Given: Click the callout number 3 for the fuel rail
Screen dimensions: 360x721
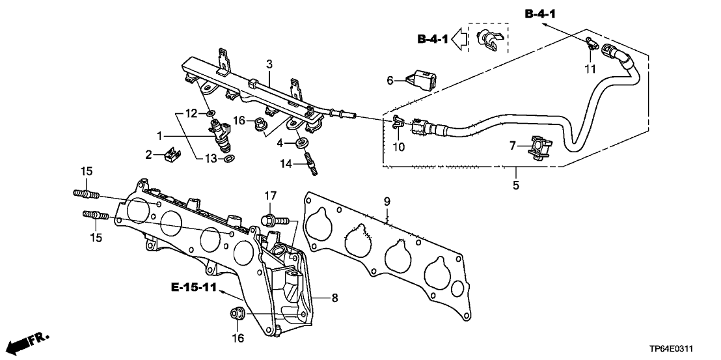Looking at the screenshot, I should (268, 64).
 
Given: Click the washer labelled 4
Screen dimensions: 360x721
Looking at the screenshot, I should (302, 142).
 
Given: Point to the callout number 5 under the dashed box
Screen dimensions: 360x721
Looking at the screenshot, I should (515, 186).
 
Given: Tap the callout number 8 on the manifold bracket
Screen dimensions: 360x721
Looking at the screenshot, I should (335, 298).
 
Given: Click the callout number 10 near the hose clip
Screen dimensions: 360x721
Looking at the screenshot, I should (398, 147).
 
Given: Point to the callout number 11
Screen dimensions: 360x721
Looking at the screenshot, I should (590, 68).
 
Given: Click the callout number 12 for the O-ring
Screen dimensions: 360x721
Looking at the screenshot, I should (190, 113).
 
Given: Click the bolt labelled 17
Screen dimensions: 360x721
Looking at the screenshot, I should (271, 219).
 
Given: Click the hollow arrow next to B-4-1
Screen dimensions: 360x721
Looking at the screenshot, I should (461, 39).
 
